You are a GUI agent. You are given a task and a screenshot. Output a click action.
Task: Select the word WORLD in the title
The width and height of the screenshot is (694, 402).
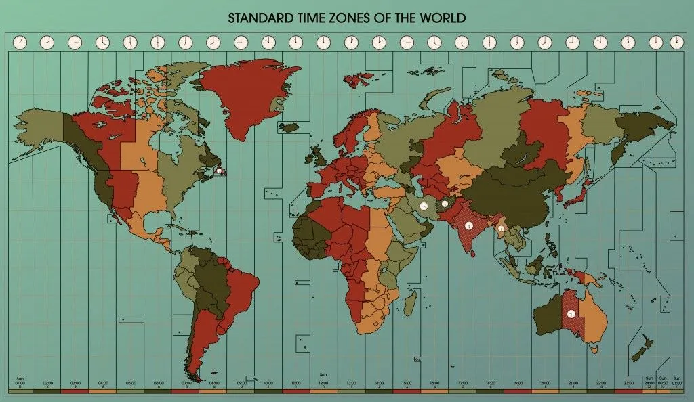(x=443, y=17)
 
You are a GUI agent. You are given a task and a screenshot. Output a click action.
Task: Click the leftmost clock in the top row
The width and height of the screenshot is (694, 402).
(x=20, y=42)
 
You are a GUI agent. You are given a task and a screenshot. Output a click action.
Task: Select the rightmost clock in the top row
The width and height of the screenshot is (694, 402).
(x=676, y=42)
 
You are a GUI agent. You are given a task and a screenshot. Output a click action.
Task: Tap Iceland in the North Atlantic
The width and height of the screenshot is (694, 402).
(x=289, y=127)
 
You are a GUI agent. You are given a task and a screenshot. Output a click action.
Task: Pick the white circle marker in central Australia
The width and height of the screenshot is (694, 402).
(x=572, y=313)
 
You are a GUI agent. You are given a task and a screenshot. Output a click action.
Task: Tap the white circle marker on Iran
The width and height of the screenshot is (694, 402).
(x=422, y=205)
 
